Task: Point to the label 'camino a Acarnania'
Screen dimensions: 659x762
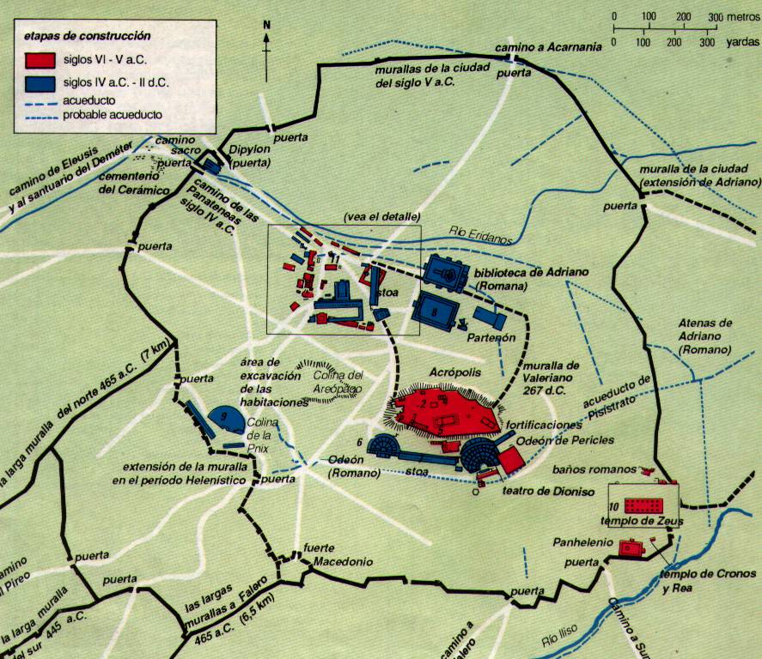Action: click(546, 46)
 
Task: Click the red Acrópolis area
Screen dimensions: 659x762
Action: click(444, 410)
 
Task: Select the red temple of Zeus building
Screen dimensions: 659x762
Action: click(643, 505)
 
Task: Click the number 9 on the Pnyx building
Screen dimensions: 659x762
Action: click(224, 415)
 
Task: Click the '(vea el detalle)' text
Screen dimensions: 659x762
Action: click(381, 216)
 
